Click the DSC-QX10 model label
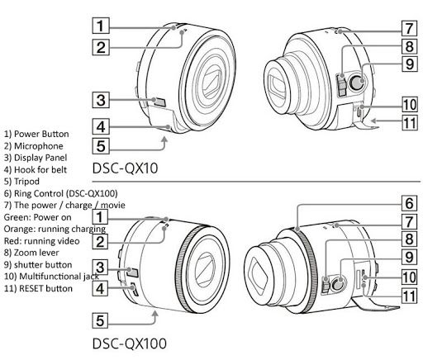pyautogui.click(x=125, y=168)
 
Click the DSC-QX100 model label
pyautogui.click(x=130, y=343)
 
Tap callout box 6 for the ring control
pyautogui.click(x=409, y=203)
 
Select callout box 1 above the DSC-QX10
pyautogui.click(x=101, y=26)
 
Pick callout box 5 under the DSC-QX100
pyautogui.click(x=100, y=320)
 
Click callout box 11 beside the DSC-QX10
pyautogui.click(x=410, y=122)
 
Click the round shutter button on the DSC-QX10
pyautogui.click(x=357, y=82)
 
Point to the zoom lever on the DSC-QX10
pyautogui.click(x=341, y=85)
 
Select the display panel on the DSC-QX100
pyautogui.click(x=133, y=272)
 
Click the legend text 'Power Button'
pyautogui.click(x=41, y=134)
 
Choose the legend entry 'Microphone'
pyautogui.click(x=39, y=146)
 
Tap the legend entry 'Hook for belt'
pyautogui.click(x=40, y=169)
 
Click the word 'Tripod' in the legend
pyautogui.click(x=26, y=182)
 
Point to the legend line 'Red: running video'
pyautogui.click(x=41, y=241)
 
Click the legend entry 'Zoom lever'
pyautogui.click(x=36, y=253)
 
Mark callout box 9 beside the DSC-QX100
pyautogui.click(x=409, y=257)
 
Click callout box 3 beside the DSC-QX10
pyautogui.click(x=101, y=100)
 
